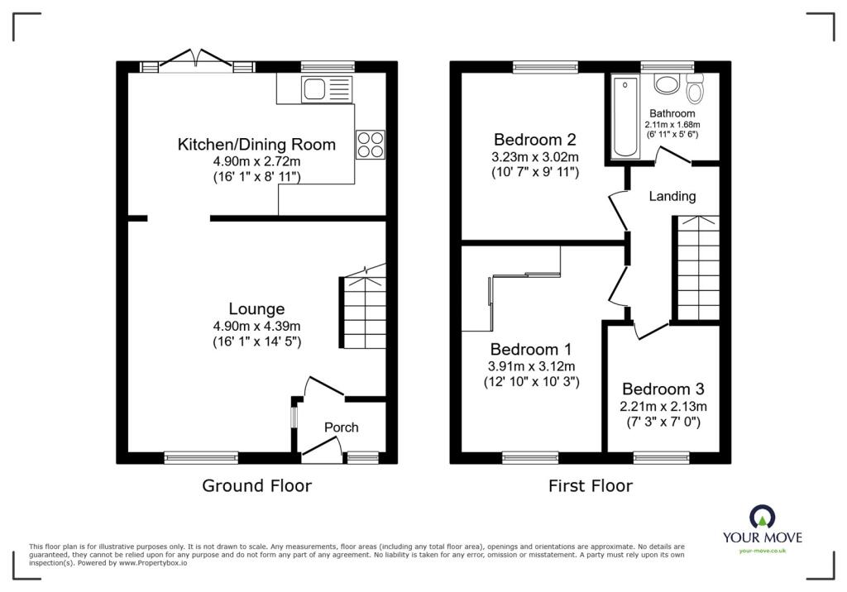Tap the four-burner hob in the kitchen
pos(371,144)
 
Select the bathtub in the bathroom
pos(623,117)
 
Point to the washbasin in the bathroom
pos(665,84)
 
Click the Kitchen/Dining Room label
pos(256,145)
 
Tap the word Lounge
pos(257,309)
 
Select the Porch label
pos(341,427)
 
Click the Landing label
pos(672,197)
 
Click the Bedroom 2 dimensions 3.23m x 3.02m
pos(535,157)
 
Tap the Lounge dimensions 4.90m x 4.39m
pos(257,326)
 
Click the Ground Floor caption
pos(256,486)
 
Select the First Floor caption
pos(590,486)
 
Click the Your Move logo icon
pos(762,517)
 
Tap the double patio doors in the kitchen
pos(197,63)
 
